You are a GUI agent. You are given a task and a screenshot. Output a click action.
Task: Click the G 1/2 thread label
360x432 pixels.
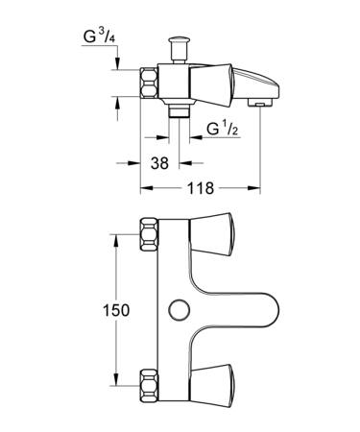pyautogui.click(x=223, y=129)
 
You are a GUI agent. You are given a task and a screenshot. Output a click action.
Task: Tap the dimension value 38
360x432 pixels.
pyautogui.click(x=159, y=163)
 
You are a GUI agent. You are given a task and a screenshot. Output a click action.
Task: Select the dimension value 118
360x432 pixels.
pyautogui.click(x=201, y=188)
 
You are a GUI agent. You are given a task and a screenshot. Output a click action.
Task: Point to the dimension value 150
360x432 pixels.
pyautogui.click(x=116, y=310)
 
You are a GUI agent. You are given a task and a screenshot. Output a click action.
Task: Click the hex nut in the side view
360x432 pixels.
pyautogui.click(x=149, y=83)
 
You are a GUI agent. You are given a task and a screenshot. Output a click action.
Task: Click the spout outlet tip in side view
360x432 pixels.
pyautogui.click(x=260, y=103)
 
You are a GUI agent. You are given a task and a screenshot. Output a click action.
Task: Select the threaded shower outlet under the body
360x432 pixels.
pyautogui.click(x=179, y=111)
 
